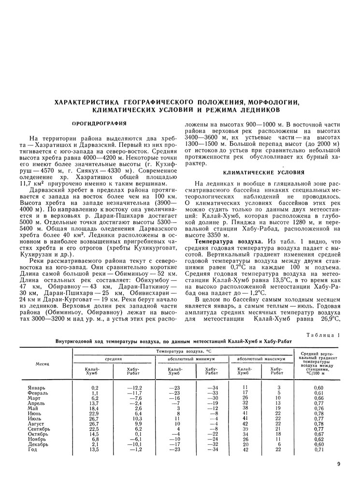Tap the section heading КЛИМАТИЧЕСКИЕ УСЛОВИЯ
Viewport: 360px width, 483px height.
pyautogui.click(x=263, y=172)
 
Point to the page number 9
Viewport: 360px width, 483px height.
pyautogui.click(x=339, y=465)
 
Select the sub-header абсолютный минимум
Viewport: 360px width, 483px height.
pyautogui.click(x=193, y=359)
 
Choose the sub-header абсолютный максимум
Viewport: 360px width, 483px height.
pyautogui.click(x=259, y=359)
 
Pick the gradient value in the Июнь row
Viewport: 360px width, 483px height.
pyautogui.click(x=318, y=413)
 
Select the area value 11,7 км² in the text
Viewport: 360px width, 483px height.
pyautogui.click(x=30, y=183)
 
